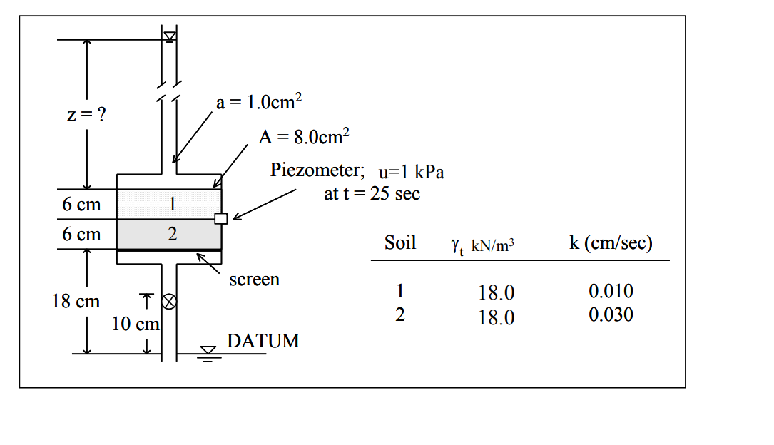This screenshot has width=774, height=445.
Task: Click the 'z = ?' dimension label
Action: click(x=82, y=116)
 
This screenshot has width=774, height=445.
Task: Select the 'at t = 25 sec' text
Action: click(x=372, y=193)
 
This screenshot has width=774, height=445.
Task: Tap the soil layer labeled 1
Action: click(x=170, y=204)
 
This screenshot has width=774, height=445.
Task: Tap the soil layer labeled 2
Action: click(x=170, y=234)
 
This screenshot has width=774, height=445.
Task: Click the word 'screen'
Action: click(x=254, y=280)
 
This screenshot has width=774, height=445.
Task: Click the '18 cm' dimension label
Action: click(x=76, y=301)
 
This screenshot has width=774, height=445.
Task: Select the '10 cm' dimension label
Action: click(x=135, y=324)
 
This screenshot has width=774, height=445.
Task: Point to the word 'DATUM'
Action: click(x=263, y=341)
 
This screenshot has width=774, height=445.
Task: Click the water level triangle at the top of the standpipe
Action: click(x=170, y=36)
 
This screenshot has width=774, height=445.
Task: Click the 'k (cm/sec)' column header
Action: click(x=611, y=242)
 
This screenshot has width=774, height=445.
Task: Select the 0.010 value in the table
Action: click(x=611, y=291)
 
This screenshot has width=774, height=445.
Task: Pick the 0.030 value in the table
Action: click(x=611, y=315)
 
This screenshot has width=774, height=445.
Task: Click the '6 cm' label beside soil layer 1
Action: click(x=81, y=205)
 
